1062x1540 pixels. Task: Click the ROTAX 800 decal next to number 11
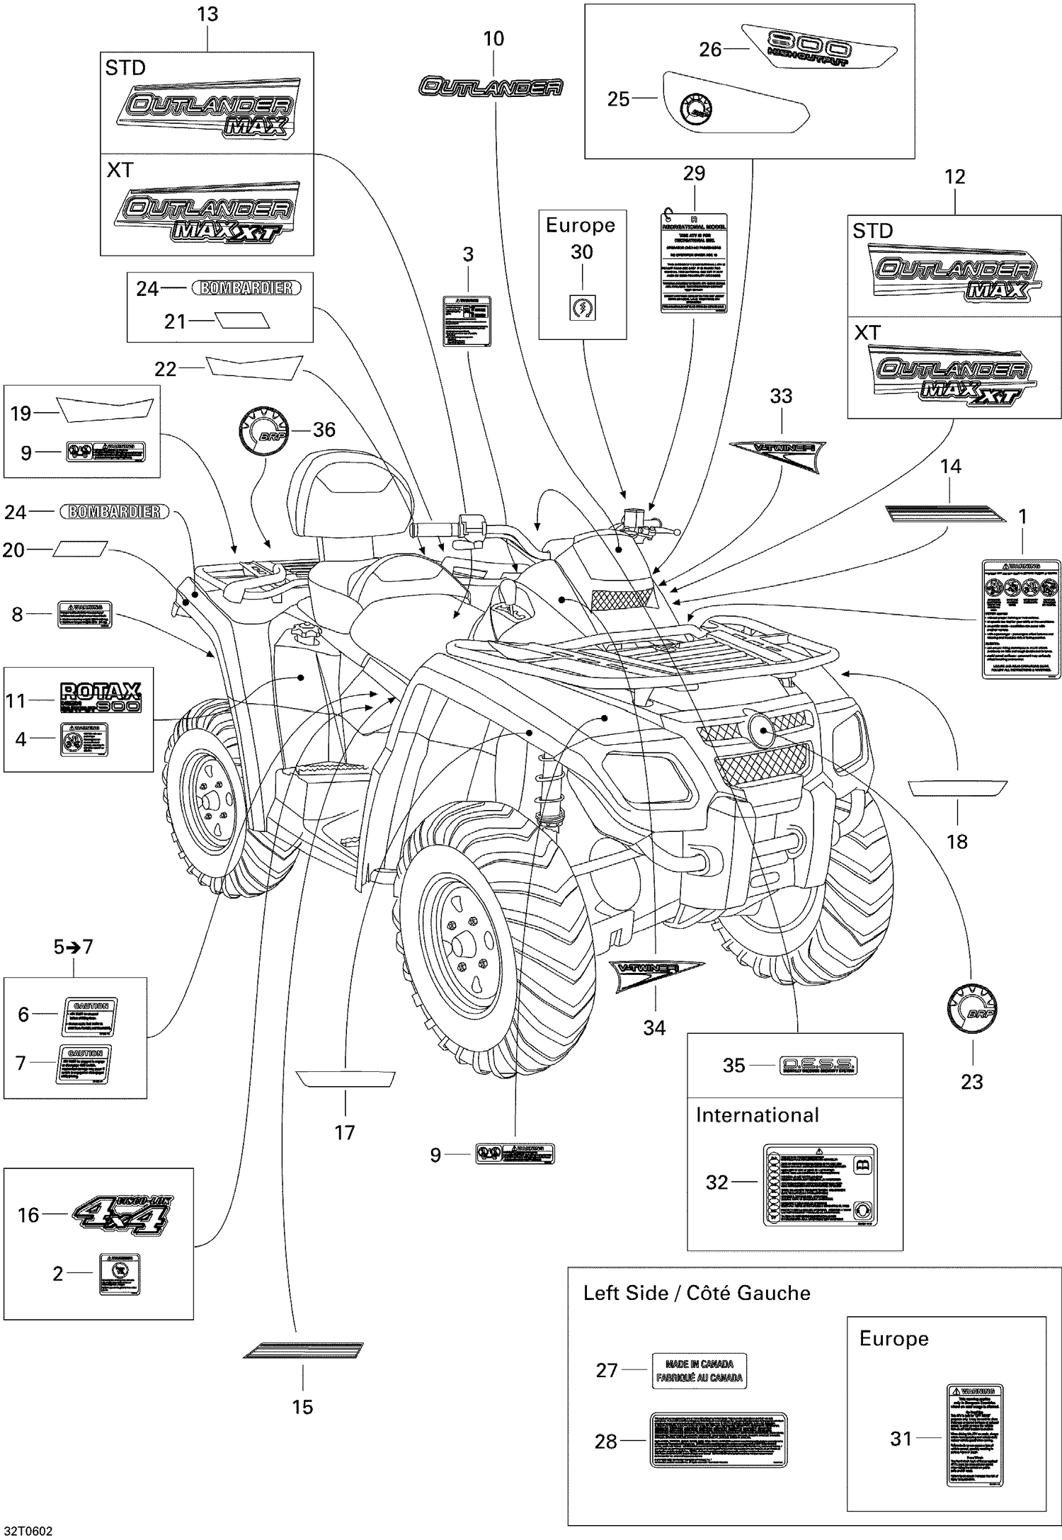pos(101,697)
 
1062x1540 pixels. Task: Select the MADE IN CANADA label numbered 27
pos(699,1371)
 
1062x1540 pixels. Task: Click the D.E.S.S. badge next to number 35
pos(818,1065)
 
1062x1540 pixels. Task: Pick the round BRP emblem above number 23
pos(972,1008)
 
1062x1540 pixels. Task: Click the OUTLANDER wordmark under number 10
pos(491,87)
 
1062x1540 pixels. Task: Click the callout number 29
pos(694,173)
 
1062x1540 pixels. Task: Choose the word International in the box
pos(757,1115)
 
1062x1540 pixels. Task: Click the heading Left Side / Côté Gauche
pos(697,1293)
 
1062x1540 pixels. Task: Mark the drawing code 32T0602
pos(27,1531)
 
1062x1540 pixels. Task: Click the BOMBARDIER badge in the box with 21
pos(246,288)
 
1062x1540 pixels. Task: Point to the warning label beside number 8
pos(84,614)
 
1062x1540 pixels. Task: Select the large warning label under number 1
pos(1021,618)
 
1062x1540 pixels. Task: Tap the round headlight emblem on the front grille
pos(761,731)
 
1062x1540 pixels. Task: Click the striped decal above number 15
pos(303,1350)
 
